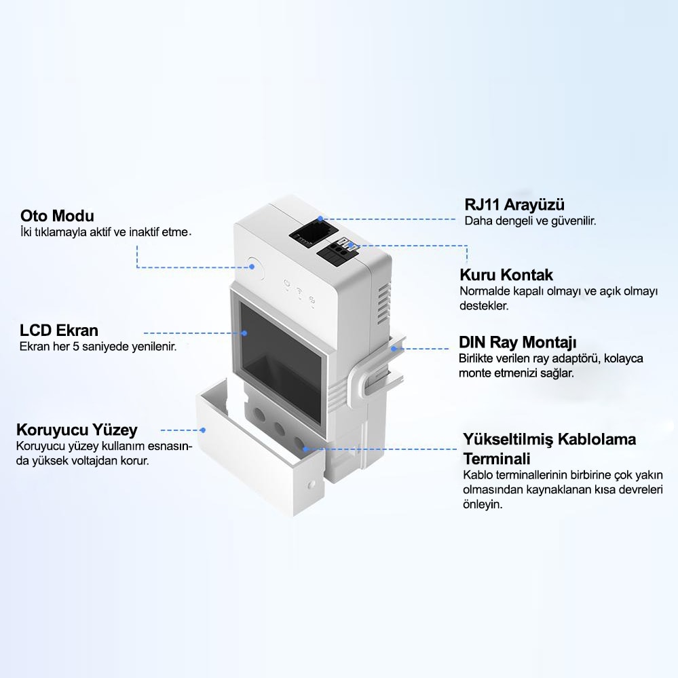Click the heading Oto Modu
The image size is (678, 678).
pos(57,216)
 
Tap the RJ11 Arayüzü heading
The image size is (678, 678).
pos(514,204)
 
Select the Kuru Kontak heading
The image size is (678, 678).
pos(506,275)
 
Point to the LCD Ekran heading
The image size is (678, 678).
pos(59,331)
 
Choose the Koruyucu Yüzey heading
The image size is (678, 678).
pos(77,430)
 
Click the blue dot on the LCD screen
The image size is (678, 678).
pos(244,333)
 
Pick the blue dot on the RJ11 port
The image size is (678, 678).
pos(320,220)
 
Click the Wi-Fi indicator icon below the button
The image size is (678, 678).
pos(299,294)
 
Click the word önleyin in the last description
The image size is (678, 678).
pos(483,505)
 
